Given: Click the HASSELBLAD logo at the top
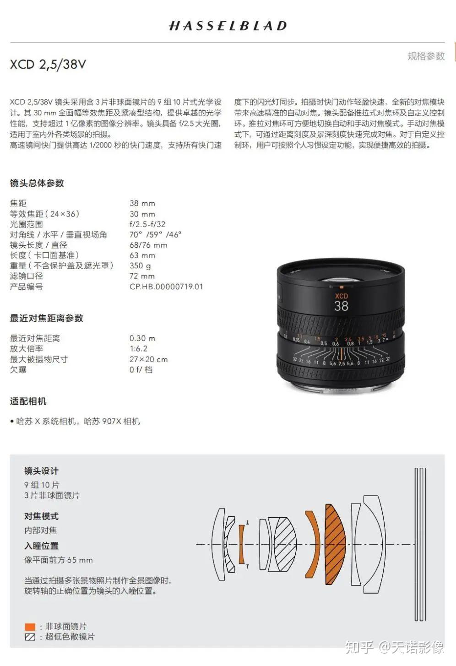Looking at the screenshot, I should tap(228, 26).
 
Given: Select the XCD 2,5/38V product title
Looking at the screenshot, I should tap(48, 64).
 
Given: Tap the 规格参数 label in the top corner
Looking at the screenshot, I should tap(426, 56).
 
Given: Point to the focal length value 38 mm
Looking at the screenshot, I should tap(142, 203).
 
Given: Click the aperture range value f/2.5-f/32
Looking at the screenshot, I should tap(147, 224).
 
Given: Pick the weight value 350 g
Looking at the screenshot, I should tap(140, 265).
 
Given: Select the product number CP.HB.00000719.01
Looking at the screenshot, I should tap(166, 287).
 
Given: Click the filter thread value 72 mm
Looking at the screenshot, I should tap(142, 276).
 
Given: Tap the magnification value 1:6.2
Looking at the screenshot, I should tap(138, 349).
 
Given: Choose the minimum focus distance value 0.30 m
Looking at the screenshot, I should tap(142, 338).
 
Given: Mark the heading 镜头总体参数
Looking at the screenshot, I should tap(37, 183).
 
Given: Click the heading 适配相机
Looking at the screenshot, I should tap(28, 401).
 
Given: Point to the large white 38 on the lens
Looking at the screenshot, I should tap(341, 306).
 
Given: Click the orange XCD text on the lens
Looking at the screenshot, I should tap(341, 296).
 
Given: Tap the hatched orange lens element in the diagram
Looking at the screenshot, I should tap(334, 544).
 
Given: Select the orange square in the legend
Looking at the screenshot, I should tap(30, 627).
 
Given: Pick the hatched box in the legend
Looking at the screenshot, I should tap(30, 637).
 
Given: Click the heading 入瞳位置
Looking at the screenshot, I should tap(41, 546).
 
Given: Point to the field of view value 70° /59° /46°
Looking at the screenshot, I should tap(155, 234).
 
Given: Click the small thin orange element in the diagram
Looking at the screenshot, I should tap(241, 544).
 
